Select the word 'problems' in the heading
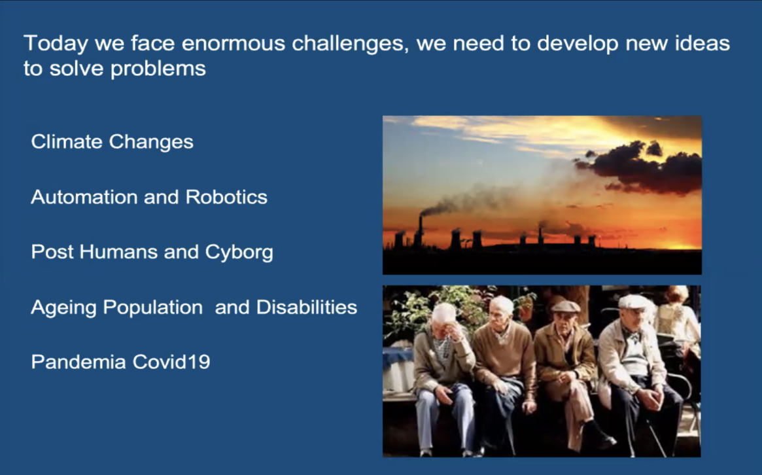coord(158,69)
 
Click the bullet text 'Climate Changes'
coord(113,142)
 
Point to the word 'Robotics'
coord(226,197)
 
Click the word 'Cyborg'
coord(239,253)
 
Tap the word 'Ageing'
coord(63,308)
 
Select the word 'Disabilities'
coord(307,308)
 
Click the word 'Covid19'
coord(171,362)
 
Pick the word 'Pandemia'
coord(78,362)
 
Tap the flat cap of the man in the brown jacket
coord(566,307)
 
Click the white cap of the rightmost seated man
coord(634,302)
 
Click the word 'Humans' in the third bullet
coord(118,252)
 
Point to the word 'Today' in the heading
coord(56,44)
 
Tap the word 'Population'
coord(152,308)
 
